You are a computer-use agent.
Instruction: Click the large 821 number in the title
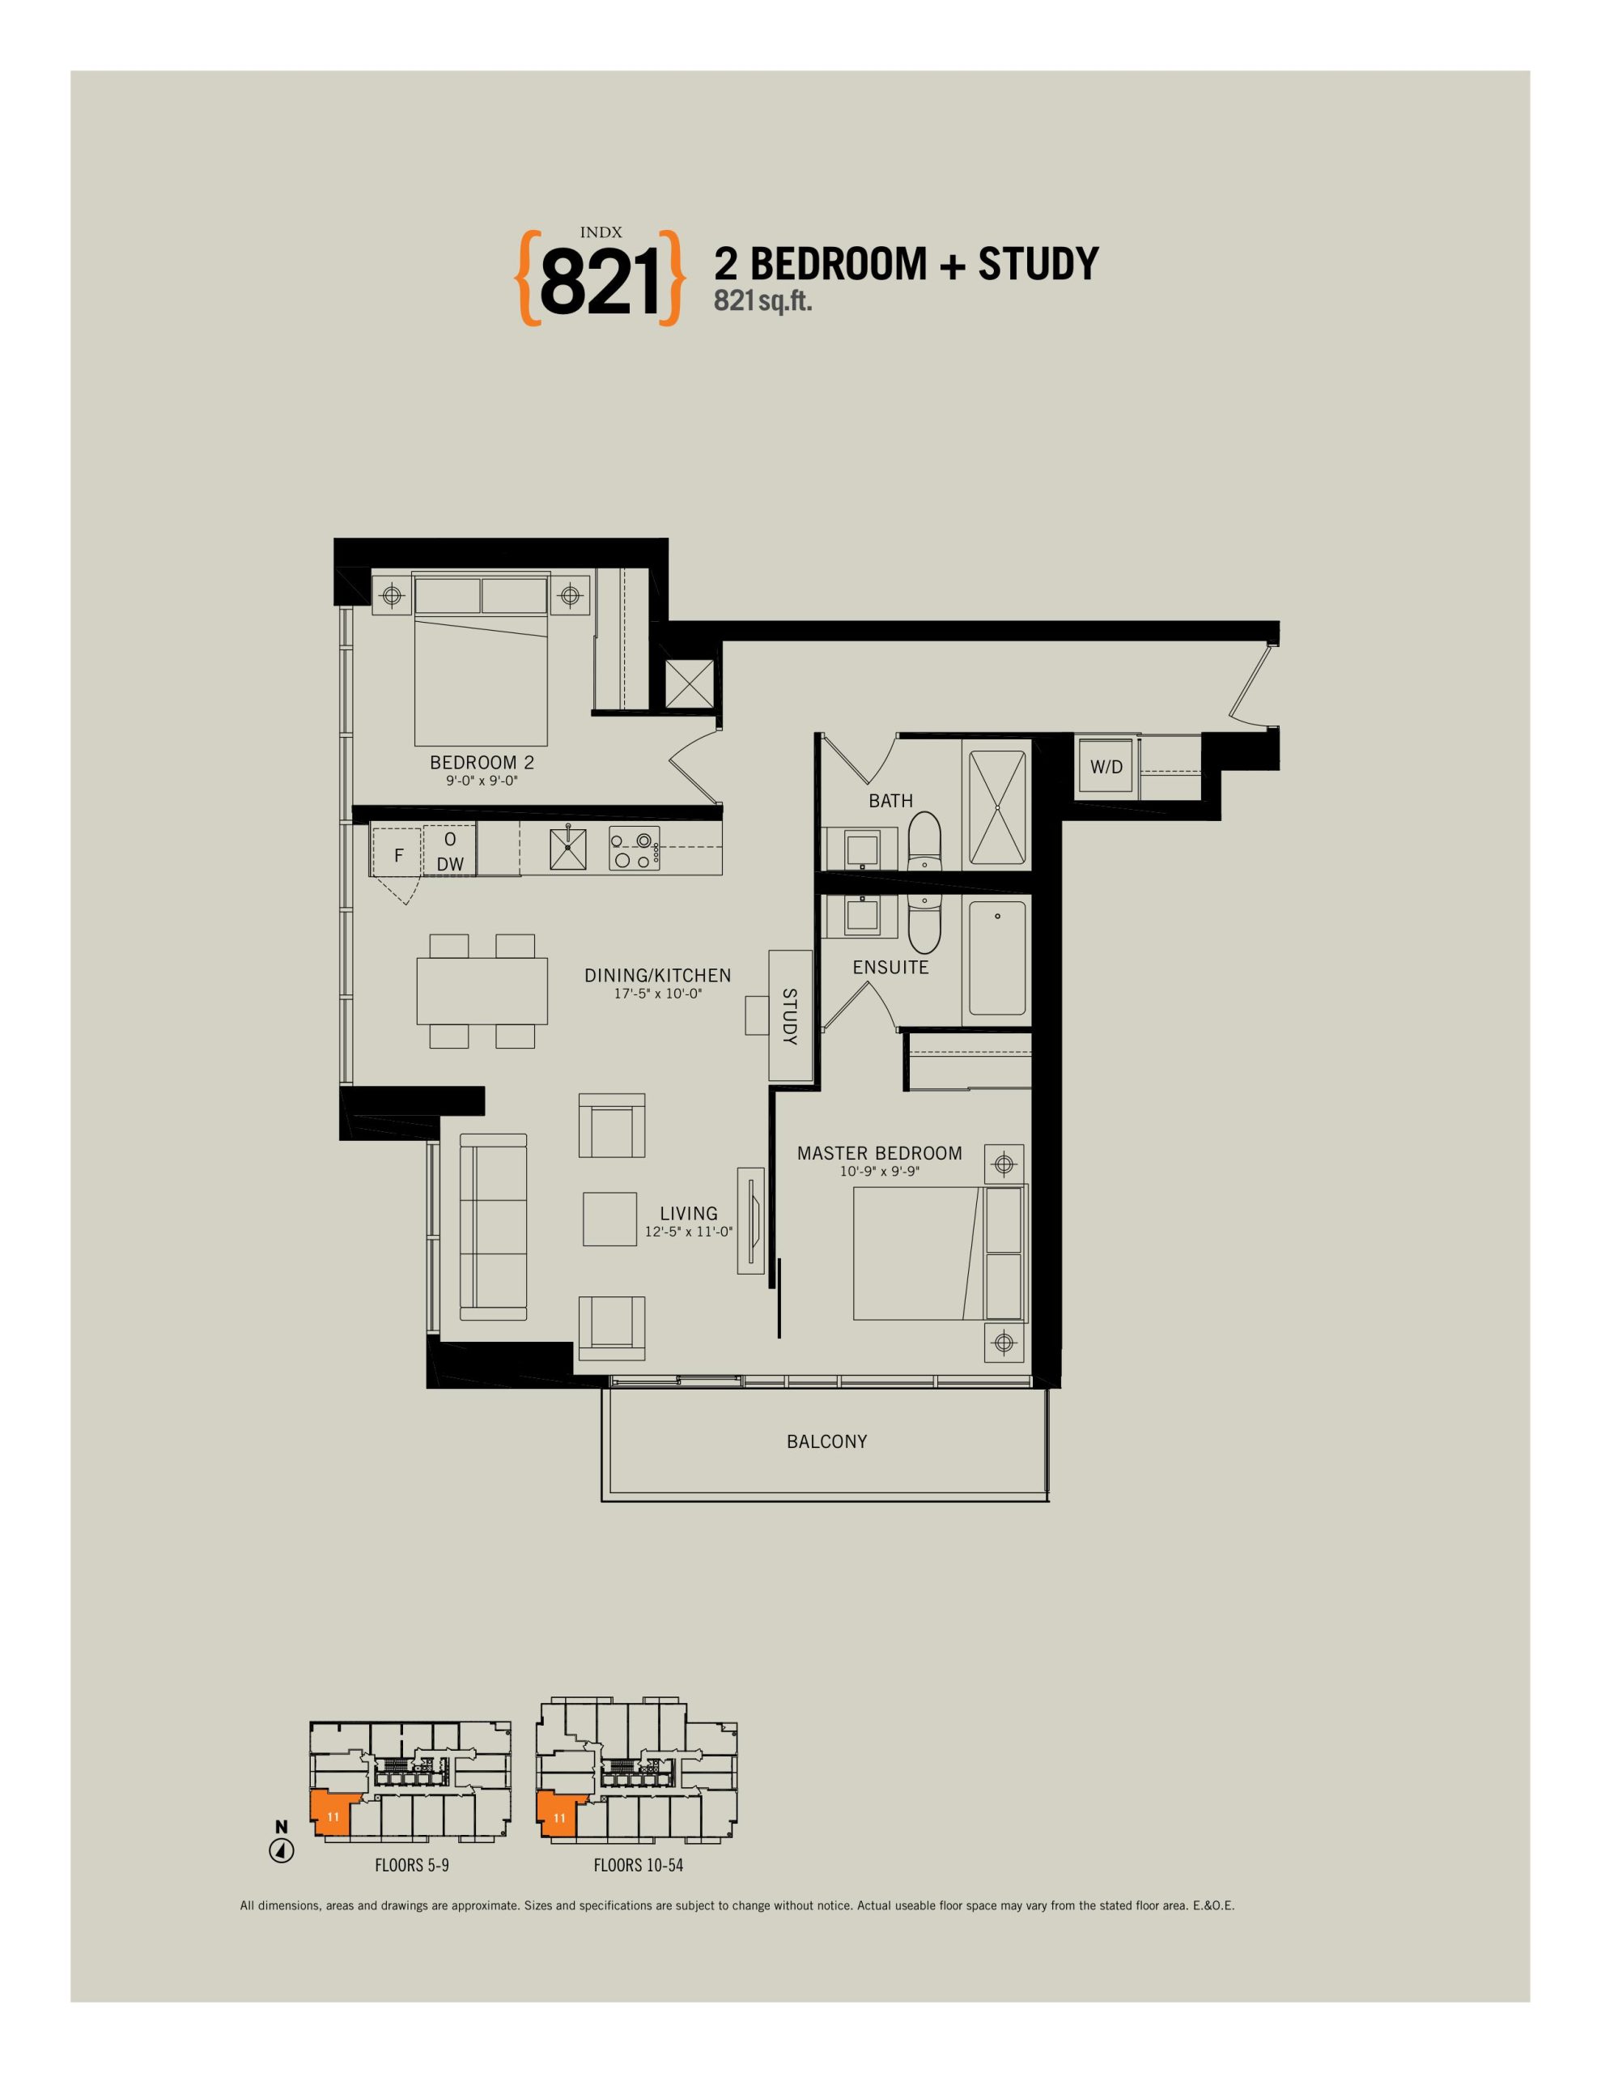point(599,282)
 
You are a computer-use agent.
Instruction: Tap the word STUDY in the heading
point(1038,264)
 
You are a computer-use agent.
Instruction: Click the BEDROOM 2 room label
point(482,762)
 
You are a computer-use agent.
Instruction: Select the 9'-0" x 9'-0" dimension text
point(482,781)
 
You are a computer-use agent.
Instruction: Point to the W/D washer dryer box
point(1106,767)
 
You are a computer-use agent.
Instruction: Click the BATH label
point(891,801)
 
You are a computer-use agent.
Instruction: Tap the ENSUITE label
point(890,967)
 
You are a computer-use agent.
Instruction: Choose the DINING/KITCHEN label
point(658,975)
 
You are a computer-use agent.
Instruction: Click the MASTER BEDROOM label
point(880,1153)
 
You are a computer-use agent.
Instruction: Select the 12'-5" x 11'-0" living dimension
point(689,1232)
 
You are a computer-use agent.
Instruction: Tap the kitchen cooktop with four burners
point(634,849)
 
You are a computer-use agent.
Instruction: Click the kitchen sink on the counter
point(567,849)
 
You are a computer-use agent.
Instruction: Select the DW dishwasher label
point(451,864)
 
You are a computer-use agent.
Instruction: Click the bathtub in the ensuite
point(996,959)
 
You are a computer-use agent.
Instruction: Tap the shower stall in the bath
point(996,807)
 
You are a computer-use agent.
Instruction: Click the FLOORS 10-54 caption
point(639,1865)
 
